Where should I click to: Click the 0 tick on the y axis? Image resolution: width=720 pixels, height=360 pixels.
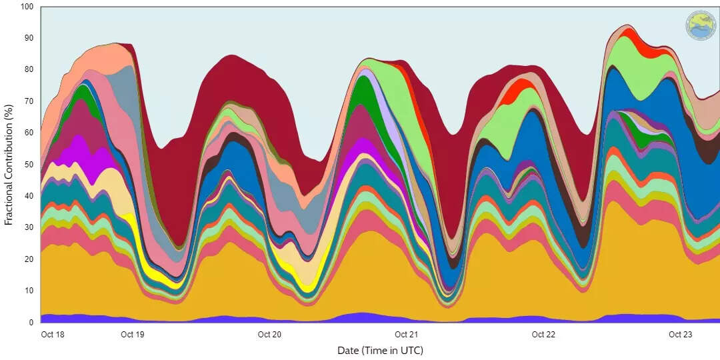(31, 322)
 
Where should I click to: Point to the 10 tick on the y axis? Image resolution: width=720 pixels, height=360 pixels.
(29, 291)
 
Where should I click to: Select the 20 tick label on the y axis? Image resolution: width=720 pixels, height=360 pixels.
(29, 259)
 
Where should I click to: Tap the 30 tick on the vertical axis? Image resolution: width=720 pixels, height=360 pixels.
(29, 227)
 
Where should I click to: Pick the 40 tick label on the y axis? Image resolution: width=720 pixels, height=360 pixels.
(29, 196)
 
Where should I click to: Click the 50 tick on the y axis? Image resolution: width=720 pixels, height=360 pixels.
(29, 164)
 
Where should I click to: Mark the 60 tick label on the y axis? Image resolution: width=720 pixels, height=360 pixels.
(29, 133)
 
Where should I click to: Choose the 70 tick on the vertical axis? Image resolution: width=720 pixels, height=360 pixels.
(29, 101)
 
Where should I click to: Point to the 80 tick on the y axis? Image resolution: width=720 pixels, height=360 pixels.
(29, 69)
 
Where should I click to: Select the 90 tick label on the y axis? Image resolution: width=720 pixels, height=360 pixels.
(29, 38)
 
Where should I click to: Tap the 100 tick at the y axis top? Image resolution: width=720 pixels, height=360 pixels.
(27, 7)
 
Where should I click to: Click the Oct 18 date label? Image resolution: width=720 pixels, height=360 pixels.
(53, 335)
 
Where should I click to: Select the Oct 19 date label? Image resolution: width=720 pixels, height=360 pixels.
(133, 335)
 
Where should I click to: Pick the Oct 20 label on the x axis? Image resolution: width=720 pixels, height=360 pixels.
(269, 335)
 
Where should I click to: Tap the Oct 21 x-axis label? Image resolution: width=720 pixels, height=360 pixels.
(406, 335)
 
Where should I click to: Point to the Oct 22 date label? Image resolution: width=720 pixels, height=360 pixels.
(543, 335)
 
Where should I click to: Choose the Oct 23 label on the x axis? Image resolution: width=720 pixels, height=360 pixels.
(679, 335)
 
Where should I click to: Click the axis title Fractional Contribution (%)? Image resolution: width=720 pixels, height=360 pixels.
(9, 164)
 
